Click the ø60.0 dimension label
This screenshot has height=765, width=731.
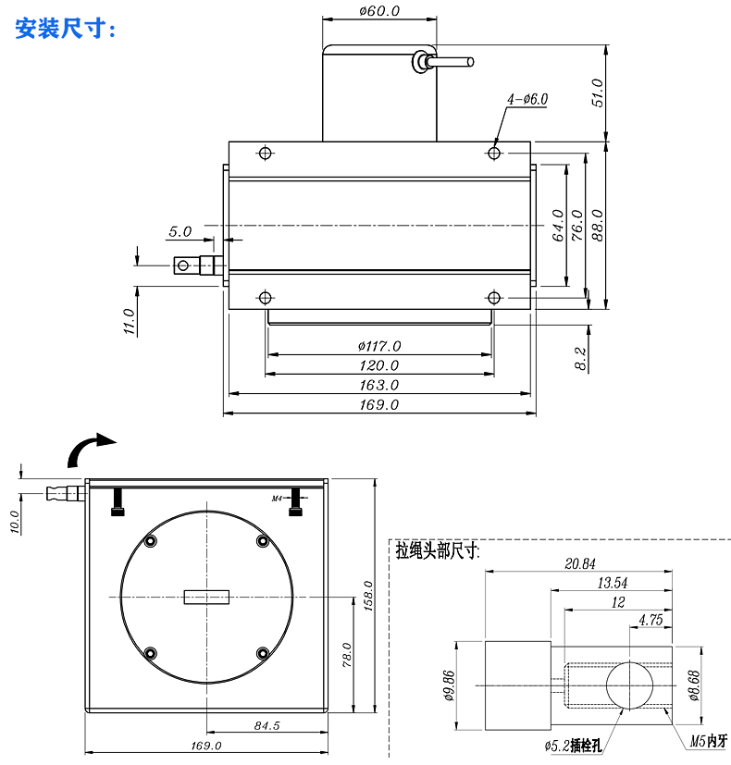[378, 11]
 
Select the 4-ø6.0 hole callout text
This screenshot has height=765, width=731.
[527, 98]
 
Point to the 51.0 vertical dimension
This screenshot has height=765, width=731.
[597, 93]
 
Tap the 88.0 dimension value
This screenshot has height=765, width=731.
[597, 225]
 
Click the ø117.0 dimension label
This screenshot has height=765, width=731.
[379, 345]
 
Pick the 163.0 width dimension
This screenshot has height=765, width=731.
[379, 384]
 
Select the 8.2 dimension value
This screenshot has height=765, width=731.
[580, 359]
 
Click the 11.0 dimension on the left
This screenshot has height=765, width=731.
[129, 322]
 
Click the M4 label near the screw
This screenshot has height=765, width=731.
[277, 499]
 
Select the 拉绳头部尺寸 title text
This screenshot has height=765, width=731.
[437, 550]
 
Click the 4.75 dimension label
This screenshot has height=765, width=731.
[650, 621]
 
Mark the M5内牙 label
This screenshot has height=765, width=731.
[709, 740]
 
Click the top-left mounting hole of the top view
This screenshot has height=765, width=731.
[266, 153]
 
